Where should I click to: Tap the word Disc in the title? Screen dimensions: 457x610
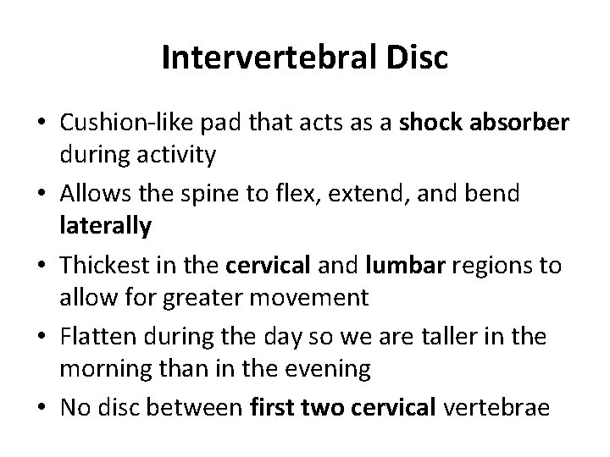(x=415, y=60)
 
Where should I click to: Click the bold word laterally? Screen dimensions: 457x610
(x=105, y=227)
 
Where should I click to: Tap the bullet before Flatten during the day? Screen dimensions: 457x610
(x=41, y=338)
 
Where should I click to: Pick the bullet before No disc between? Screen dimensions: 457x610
(x=41, y=408)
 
